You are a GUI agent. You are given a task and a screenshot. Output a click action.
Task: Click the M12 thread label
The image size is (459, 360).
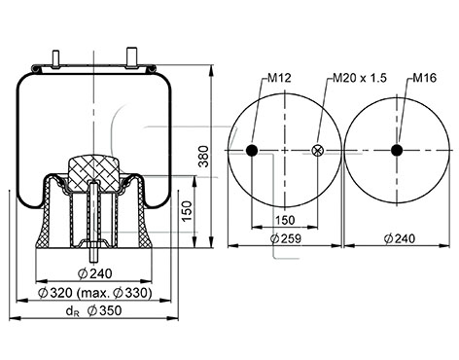[279, 78]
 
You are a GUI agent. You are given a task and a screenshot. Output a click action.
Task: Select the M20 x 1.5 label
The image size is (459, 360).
[360, 78]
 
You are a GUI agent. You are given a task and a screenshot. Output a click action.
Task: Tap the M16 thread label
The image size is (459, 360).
[424, 78]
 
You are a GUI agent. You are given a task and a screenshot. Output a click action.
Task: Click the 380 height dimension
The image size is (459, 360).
[204, 157]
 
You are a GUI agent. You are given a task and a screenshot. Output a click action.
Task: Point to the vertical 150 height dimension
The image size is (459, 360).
[187, 211]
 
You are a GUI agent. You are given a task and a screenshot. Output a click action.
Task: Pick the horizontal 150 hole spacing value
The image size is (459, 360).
[285, 220]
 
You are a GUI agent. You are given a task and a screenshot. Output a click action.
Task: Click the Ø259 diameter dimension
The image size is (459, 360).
[286, 238]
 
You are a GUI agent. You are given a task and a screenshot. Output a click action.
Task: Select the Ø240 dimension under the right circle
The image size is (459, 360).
[400, 238]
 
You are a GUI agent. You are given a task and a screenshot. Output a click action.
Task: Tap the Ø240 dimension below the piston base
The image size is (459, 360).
[95, 273]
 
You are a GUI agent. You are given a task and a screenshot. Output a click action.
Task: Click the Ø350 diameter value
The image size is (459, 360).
[104, 310]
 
